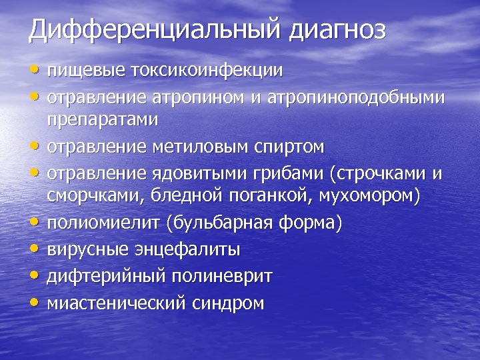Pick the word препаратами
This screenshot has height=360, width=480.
coord(103,120)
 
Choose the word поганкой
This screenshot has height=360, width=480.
coord(273,196)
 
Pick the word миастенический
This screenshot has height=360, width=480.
coord(115,303)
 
